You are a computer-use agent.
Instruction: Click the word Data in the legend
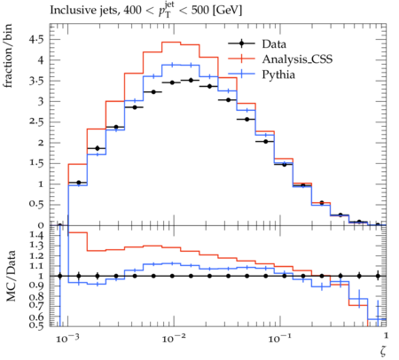[274, 44]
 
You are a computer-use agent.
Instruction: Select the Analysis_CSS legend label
[297, 59]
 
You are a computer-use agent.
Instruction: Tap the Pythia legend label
[278, 74]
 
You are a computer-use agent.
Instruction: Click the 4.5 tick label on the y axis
[36, 39]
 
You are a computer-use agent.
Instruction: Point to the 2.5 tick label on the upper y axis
[36, 121]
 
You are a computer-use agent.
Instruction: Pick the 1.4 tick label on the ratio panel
[36, 235]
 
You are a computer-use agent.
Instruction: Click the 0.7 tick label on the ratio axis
[36, 304]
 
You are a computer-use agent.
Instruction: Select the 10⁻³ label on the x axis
[66, 338]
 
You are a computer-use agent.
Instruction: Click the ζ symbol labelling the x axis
[383, 350]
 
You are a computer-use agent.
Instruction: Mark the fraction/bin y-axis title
[8, 56]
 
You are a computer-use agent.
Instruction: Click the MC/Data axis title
[11, 276]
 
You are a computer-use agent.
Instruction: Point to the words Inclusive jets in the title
[84, 11]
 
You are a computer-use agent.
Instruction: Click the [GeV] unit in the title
[227, 11]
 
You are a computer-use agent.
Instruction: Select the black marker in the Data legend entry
[241, 43]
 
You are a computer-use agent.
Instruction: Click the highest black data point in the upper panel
[191, 80]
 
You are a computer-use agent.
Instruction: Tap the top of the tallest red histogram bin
[171, 42]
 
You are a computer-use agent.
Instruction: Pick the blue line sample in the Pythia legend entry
[241, 74]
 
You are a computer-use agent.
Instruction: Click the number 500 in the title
[199, 11]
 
